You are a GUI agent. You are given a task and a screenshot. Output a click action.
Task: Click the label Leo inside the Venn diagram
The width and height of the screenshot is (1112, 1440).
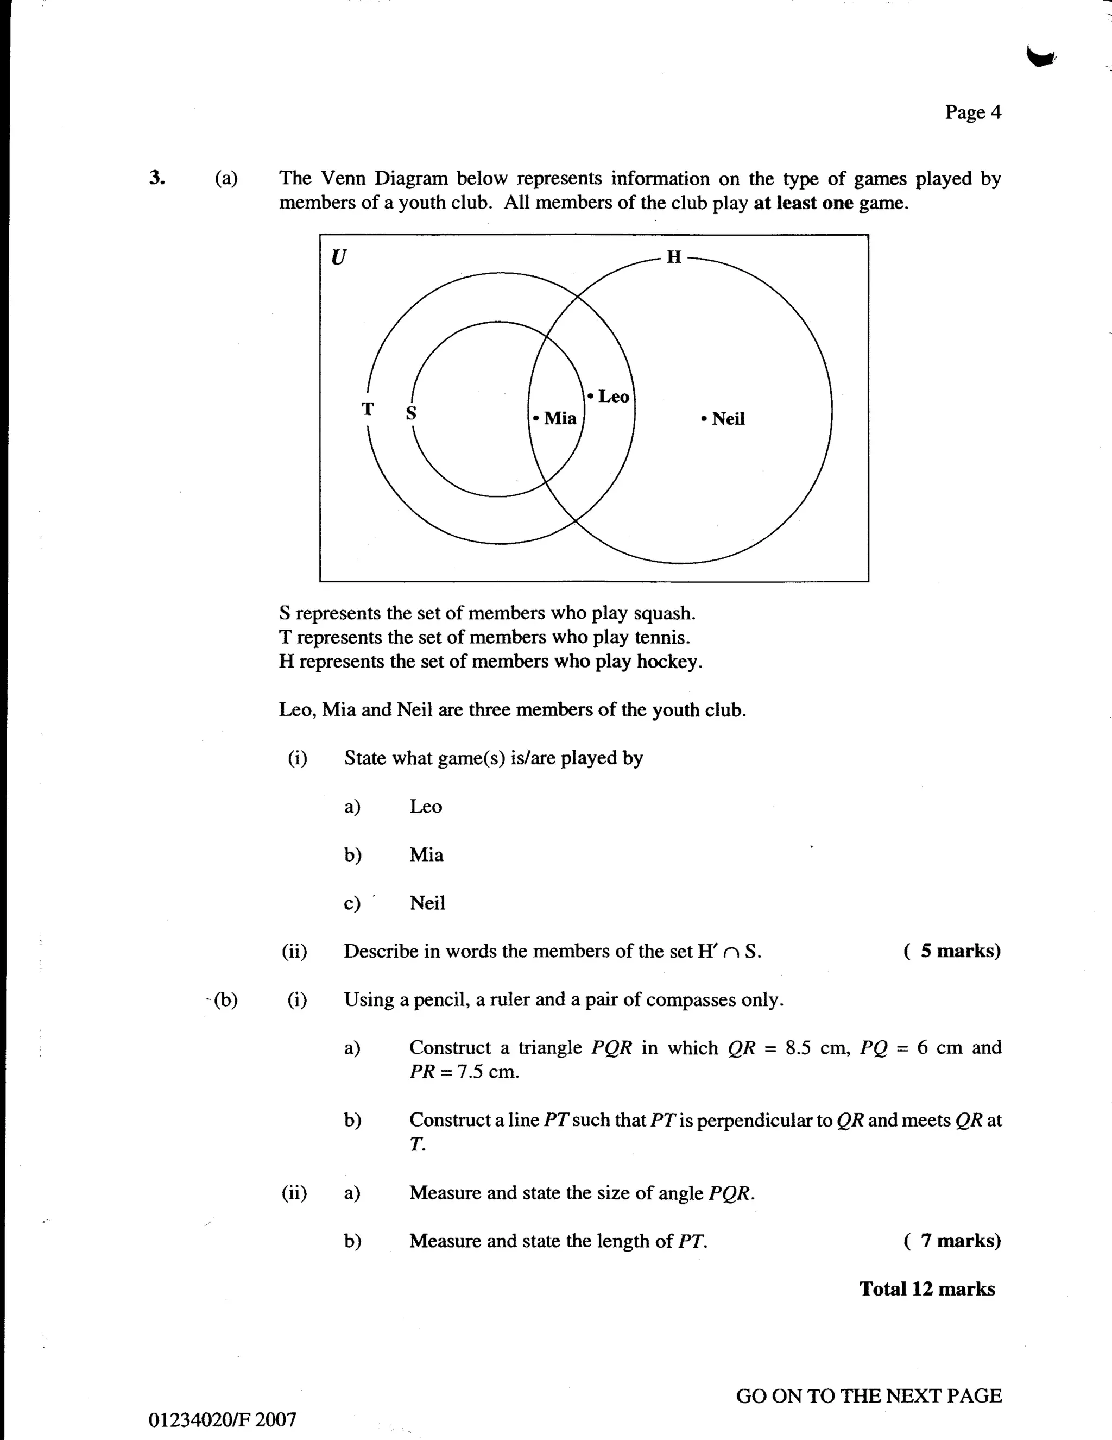tap(613, 397)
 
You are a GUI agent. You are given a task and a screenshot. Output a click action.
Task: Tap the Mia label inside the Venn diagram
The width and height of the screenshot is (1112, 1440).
tap(560, 418)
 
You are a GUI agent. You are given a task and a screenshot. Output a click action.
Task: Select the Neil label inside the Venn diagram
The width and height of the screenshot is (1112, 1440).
tap(728, 419)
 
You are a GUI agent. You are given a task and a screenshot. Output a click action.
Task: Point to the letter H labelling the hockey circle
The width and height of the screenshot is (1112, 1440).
tap(674, 256)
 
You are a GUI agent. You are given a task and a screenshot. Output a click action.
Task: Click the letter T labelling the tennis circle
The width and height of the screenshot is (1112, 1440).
tap(368, 409)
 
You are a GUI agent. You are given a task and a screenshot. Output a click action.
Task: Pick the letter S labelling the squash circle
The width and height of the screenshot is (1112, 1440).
tap(410, 413)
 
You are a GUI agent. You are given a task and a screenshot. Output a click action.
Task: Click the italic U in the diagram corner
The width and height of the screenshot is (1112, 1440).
tap(338, 256)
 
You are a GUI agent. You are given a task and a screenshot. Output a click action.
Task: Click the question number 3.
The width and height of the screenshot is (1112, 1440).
tap(156, 178)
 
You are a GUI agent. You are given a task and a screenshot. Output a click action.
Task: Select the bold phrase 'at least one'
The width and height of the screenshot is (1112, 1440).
tap(803, 203)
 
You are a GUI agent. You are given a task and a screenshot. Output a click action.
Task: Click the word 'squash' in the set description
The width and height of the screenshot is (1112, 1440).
tap(664, 613)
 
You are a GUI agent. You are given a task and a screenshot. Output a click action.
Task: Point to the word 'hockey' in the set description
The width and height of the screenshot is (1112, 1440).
tap(668, 661)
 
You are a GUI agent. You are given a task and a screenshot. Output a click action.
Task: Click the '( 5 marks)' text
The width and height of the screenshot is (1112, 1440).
tap(952, 951)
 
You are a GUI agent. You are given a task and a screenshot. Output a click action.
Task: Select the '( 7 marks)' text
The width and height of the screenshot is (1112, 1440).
tap(952, 1241)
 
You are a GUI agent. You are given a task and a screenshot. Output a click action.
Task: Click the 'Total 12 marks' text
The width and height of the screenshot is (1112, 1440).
tap(927, 1289)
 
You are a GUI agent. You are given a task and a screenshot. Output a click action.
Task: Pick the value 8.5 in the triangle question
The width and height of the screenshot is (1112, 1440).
tap(798, 1048)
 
